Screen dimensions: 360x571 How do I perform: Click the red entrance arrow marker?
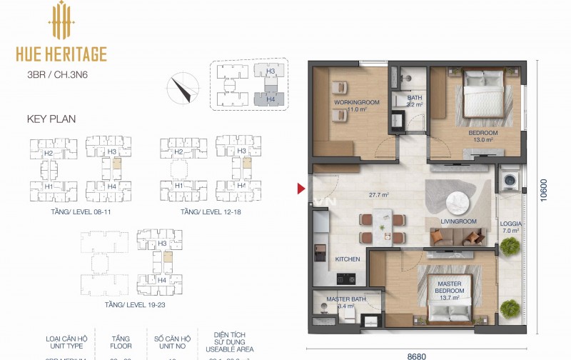(x=300, y=189)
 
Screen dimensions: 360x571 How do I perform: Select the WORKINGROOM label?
(x=356, y=103)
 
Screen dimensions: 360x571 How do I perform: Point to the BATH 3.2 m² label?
(x=415, y=101)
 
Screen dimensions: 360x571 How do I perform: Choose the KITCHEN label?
(x=348, y=259)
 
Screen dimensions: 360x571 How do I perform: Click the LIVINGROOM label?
(x=458, y=221)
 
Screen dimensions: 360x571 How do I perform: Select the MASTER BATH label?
(x=346, y=299)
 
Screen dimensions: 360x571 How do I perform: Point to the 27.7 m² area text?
(x=378, y=195)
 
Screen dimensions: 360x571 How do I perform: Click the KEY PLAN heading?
(x=51, y=119)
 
